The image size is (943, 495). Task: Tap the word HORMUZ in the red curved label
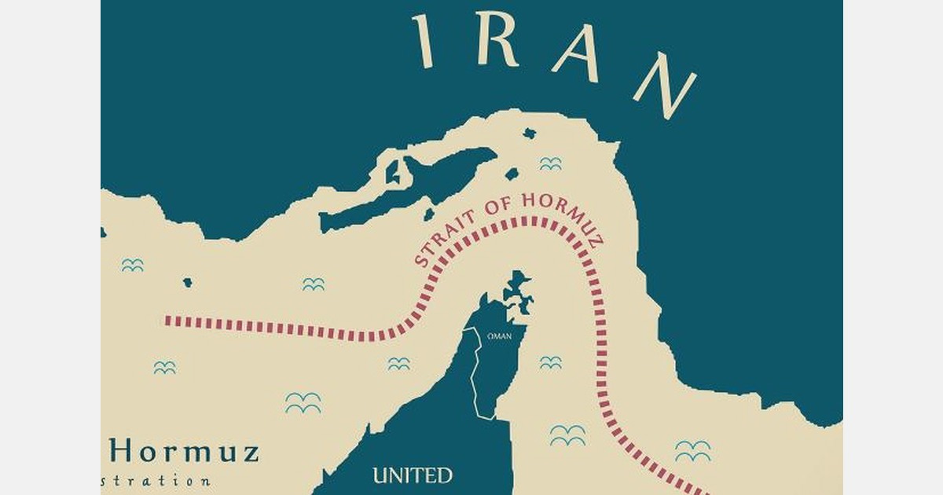tap(559, 214)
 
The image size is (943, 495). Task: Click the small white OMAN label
tap(500, 335)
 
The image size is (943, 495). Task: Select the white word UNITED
tap(413, 475)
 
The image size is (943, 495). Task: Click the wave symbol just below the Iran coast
tap(550, 163)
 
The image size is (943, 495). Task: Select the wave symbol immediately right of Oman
tap(550, 362)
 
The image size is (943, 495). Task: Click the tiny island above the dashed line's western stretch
tap(188, 282)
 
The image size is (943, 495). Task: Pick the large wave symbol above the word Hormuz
tap(303, 403)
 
